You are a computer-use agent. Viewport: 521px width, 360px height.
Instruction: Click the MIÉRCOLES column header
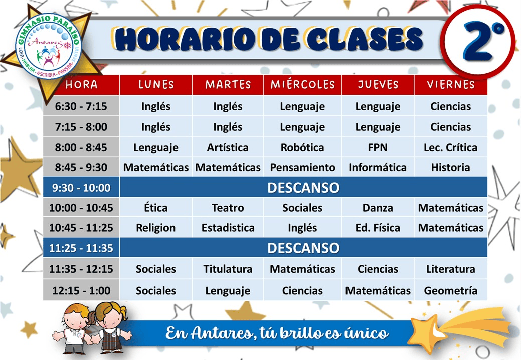(x=303, y=85)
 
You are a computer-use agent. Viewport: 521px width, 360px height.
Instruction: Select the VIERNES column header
(x=451, y=85)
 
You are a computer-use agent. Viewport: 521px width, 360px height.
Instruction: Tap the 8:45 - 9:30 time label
(x=81, y=167)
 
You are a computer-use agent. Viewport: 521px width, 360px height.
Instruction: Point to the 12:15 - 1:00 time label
(x=81, y=291)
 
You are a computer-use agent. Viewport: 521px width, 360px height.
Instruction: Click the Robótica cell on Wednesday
(x=302, y=147)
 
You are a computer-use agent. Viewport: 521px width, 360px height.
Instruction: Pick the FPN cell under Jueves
(x=378, y=147)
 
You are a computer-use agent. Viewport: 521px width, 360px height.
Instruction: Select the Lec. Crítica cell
(x=451, y=147)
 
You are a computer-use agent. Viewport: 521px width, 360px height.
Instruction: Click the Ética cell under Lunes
(x=156, y=208)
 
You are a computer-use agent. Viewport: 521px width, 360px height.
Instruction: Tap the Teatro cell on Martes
(x=228, y=208)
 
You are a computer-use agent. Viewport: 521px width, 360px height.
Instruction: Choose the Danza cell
(x=378, y=208)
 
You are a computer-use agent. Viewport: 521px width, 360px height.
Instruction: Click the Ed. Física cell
(x=378, y=228)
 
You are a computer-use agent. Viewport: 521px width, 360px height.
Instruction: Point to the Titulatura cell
(x=228, y=269)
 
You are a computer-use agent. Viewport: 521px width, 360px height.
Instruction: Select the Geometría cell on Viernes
(x=451, y=291)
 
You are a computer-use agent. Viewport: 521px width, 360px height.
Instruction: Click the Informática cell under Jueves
(x=378, y=167)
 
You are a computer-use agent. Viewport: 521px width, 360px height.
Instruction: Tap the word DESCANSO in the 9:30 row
(x=303, y=188)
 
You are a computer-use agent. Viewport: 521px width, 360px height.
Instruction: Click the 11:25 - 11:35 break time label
(x=81, y=248)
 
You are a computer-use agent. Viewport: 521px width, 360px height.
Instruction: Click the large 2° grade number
(x=482, y=41)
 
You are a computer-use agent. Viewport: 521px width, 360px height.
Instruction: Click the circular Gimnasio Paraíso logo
(x=49, y=46)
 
